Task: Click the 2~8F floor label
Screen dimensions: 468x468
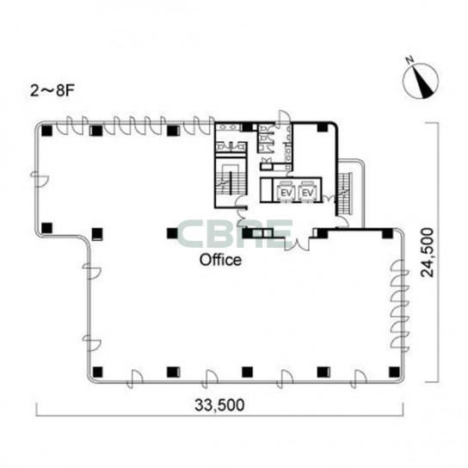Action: tap(52, 90)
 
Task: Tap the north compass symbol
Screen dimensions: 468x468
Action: tap(421, 81)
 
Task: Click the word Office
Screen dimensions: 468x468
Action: tap(220, 260)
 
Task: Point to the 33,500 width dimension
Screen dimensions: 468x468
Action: tap(219, 405)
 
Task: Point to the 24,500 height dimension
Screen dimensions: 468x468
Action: tap(427, 253)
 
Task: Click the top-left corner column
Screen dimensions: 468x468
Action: tap(46, 131)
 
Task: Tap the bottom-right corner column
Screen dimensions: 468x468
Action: tap(394, 372)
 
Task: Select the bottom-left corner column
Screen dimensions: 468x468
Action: tap(97, 372)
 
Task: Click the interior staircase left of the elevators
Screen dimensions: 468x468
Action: tap(231, 179)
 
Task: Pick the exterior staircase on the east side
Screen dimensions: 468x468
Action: tap(345, 194)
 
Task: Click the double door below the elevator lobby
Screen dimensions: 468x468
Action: tap(297, 243)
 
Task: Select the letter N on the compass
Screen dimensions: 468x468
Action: tap(409, 60)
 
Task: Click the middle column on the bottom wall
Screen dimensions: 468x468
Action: tap(247, 372)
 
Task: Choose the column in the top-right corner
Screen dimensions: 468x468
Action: tap(323, 127)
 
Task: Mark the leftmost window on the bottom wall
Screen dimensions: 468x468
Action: tap(134, 379)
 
